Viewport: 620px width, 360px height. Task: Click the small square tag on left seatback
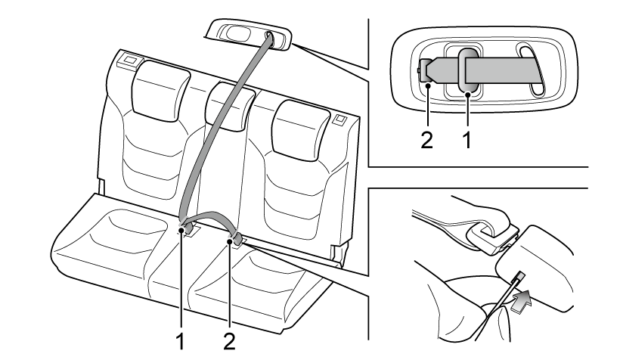(129, 61)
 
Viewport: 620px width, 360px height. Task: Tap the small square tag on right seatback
(337, 118)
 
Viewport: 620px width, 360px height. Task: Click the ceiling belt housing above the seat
(250, 36)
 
